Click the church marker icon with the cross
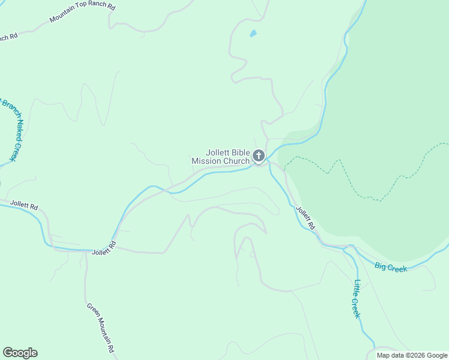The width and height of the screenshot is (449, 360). tap(258, 157)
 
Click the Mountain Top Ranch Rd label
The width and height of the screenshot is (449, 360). tap(82, 11)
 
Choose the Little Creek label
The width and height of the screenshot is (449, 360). tap(357, 299)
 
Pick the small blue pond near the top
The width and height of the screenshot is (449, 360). tap(253, 34)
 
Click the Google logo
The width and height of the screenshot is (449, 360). tap(20, 353)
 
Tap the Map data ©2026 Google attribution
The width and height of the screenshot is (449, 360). tap(412, 355)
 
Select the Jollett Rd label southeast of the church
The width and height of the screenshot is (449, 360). tap(306, 218)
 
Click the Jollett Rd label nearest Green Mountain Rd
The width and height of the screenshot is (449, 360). tap(104, 248)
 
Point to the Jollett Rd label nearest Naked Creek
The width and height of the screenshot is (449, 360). tap(24, 205)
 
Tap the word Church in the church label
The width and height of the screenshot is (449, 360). tap(236, 161)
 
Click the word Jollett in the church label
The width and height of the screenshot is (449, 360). tap(216, 152)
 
